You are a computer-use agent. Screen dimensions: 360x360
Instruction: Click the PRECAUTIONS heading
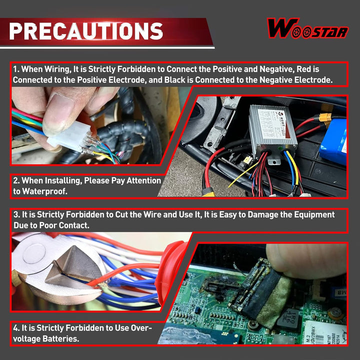86,31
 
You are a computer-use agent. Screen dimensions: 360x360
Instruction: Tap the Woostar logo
308,28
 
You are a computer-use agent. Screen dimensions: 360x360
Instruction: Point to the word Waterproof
45,191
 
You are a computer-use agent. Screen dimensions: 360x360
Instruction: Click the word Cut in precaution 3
121,214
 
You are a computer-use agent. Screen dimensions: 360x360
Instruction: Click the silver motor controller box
273,131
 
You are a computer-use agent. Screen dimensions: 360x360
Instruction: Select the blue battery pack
334,141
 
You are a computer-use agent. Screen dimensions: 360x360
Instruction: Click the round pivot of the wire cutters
34,253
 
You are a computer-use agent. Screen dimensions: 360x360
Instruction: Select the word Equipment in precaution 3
314,214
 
